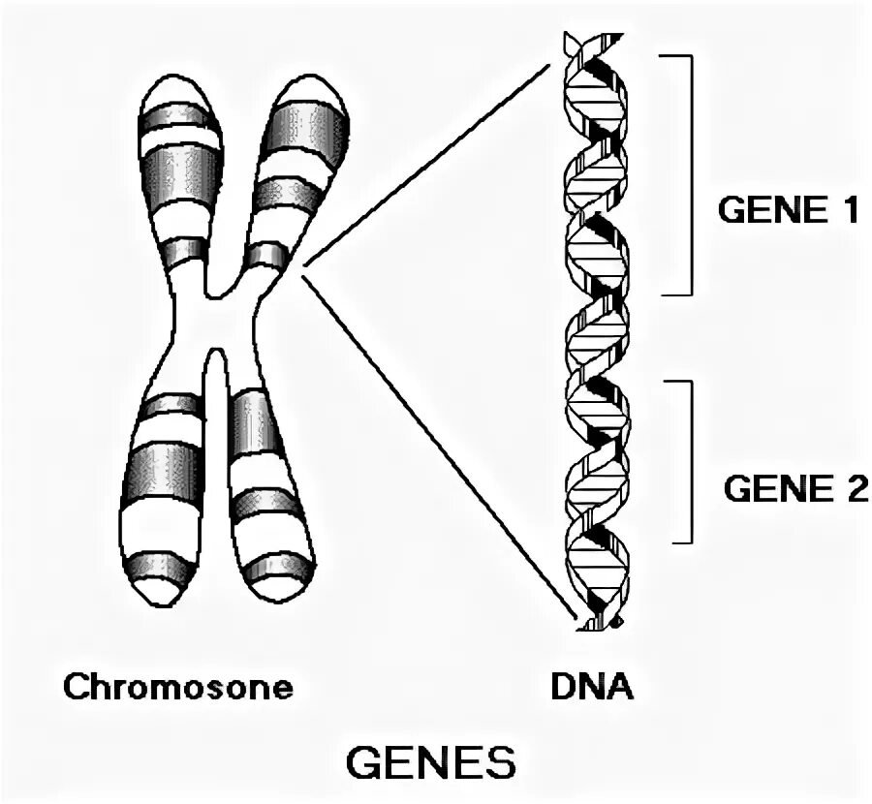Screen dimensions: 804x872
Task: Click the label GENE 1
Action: (787, 210)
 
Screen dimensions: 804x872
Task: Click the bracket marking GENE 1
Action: (690, 174)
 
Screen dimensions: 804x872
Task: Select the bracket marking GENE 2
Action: (690, 460)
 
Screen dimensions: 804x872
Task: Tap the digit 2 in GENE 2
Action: (855, 487)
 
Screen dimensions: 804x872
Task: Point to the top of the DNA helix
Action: (580, 39)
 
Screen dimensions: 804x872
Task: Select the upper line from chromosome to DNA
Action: (426, 165)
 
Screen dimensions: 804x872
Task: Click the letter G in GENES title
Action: (365, 764)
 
